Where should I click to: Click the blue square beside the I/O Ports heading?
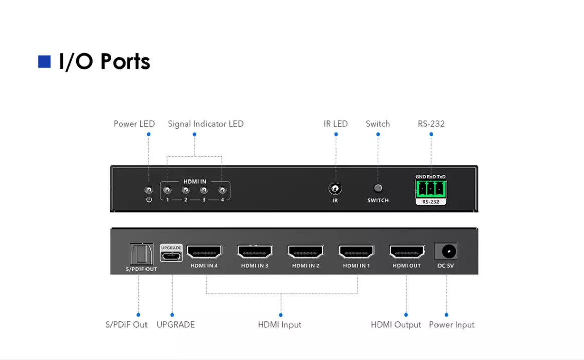pyautogui.click(x=44, y=62)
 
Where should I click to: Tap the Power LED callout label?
pyautogui.click(x=134, y=124)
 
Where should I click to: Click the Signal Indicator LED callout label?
pyautogui.click(x=206, y=124)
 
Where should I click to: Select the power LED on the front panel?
pyautogui.click(x=149, y=190)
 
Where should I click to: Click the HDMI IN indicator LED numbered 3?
pyautogui.click(x=204, y=190)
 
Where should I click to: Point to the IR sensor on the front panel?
pyautogui.click(x=335, y=189)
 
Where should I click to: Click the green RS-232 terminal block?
pyautogui.click(x=430, y=189)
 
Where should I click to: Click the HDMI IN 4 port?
pyautogui.click(x=204, y=252)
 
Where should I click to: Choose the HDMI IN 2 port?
pyautogui.click(x=306, y=252)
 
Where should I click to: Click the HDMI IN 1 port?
pyautogui.click(x=356, y=252)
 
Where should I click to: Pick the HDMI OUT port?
pyautogui.click(x=407, y=252)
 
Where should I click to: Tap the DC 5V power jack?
pyautogui.click(x=446, y=251)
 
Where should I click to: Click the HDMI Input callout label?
pyautogui.click(x=279, y=325)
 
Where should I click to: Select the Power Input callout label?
pyautogui.click(x=452, y=325)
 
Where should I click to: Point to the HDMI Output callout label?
pyautogui.click(x=396, y=325)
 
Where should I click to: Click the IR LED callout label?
pyautogui.click(x=336, y=124)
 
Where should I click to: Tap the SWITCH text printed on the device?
pyautogui.click(x=378, y=200)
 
